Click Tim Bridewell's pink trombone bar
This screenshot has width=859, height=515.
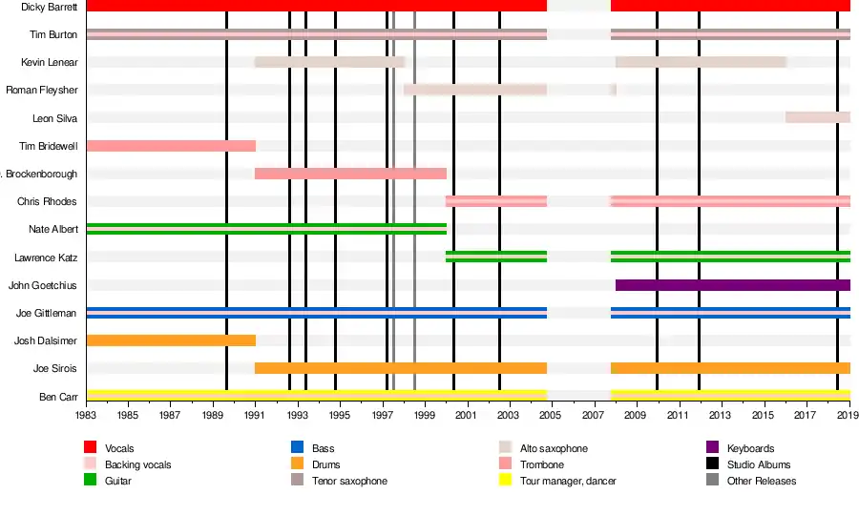pyautogui.click(x=171, y=146)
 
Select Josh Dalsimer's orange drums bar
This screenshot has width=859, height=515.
pyautogui.click(x=171, y=340)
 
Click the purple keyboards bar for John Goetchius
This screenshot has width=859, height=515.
pyautogui.click(x=732, y=285)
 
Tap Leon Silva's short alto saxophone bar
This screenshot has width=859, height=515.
pyautogui.click(x=817, y=117)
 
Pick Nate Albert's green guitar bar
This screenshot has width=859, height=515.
pyautogui.click(x=266, y=229)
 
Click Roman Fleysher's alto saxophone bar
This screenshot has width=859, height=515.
pyautogui.click(x=474, y=90)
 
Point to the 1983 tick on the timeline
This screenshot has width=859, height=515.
pyautogui.click(x=86, y=416)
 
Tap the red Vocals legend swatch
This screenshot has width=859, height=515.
pyautogui.click(x=91, y=448)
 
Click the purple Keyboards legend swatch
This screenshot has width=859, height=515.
pyautogui.click(x=712, y=448)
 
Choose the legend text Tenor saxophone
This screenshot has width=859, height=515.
pyautogui.click(x=349, y=482)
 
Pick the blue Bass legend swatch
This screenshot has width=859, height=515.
pyautogui.click(x=297, y=448)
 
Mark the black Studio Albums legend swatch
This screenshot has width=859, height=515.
pyautogui.click(x=712, y=464)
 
